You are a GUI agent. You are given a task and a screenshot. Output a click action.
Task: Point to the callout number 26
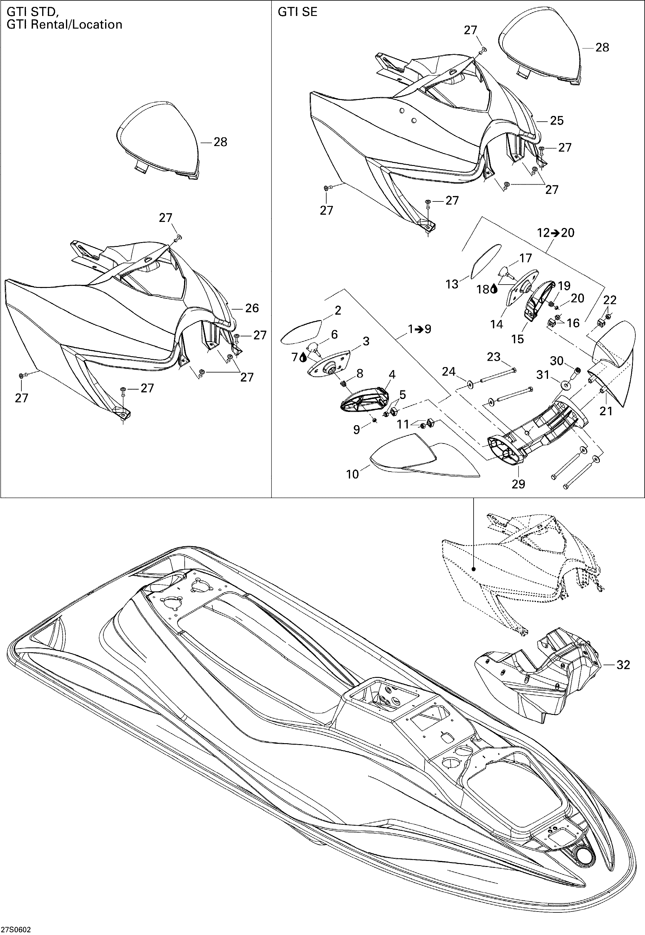252,308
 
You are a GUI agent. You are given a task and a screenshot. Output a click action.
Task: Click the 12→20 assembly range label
556,233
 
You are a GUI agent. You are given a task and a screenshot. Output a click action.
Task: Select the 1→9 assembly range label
419,329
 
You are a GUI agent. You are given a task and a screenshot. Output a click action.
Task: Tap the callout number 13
452,284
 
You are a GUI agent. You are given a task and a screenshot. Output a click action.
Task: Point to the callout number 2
338,310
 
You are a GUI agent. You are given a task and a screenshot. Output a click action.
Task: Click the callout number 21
606,411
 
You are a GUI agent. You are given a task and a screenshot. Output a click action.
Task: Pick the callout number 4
392,374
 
